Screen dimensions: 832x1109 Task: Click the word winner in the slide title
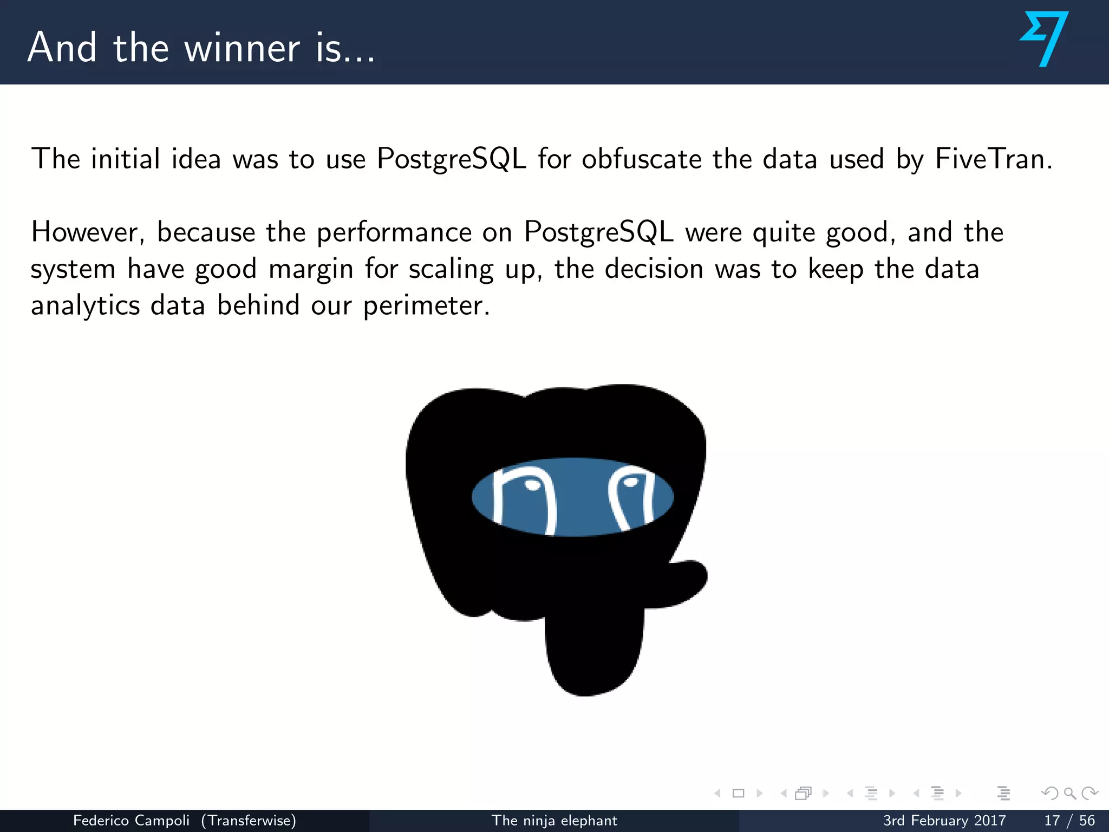(242, 49)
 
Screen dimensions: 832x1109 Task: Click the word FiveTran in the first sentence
(993, 159)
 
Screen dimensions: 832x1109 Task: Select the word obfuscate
(641, 159)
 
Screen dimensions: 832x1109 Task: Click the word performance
(394, 232)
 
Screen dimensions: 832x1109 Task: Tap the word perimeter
(426, 306)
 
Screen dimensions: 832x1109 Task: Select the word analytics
(85, 306)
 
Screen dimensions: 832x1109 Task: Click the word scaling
(451, 269)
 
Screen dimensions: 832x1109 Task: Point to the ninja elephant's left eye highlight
(533, 485)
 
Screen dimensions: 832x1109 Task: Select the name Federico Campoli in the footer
(131, 821)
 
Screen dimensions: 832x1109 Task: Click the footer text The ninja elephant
(554, 821)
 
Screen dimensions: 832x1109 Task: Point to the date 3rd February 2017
(944, 821)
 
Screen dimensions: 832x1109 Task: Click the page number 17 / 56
(1069, 821)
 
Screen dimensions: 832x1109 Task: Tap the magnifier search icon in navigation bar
(1069, 794)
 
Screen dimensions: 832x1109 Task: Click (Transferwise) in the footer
(249, 821)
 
